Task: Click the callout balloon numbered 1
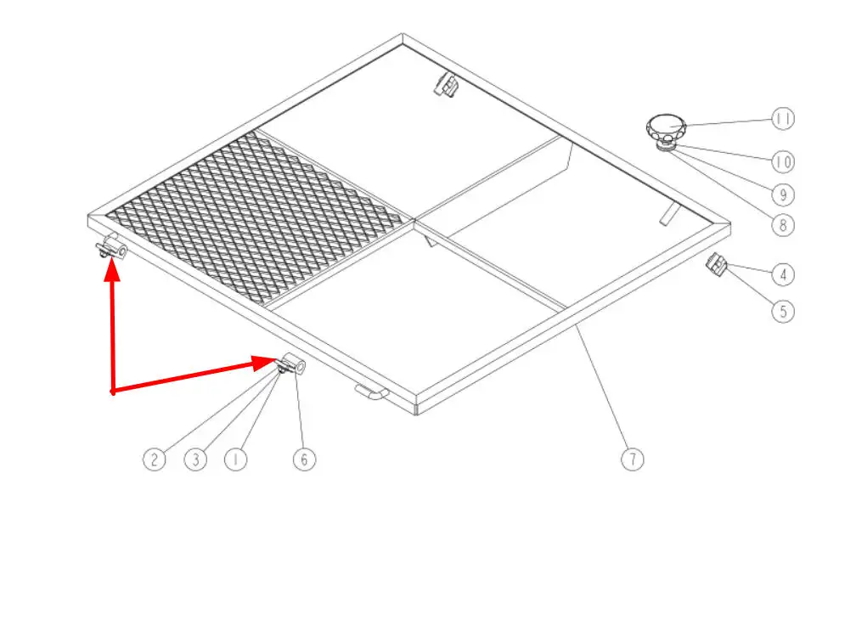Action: click(235, 459)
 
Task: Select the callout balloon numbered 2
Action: click(154, 459)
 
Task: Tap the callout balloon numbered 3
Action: click(195, 459)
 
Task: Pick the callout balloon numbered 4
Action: click(783, 274)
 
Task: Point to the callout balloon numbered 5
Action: click(783, 311)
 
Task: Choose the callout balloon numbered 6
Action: click(304, 459)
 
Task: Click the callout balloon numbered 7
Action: click(632, 459)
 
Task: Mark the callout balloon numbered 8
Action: click(783, 225)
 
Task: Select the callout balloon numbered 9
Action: click(783, 194)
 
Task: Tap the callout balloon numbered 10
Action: click(783, 161)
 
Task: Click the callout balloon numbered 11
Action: click(783, 119)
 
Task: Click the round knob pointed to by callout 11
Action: click(667, 127)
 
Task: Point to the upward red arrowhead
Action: click(112, 269)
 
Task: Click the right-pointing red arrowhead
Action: click(265, 363)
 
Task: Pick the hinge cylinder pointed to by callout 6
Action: click(294, 364)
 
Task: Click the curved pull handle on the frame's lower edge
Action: click(371, 392)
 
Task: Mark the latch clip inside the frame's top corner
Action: click(446, 85)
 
